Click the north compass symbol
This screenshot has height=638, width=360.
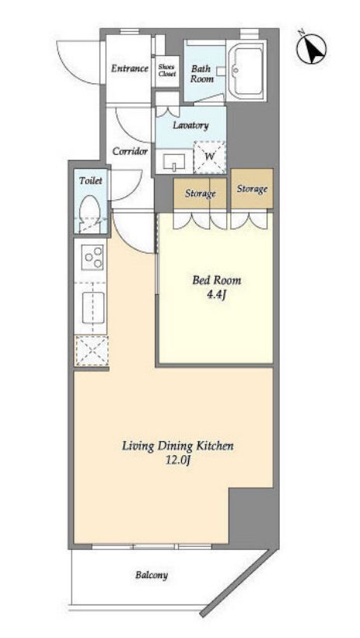[x=311, y=49]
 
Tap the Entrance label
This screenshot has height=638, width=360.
[x=130, y=68]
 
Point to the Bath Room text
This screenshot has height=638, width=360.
[x=202, y=74]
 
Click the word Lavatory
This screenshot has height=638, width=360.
[x=190, y=125]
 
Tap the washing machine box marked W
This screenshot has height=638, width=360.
[x=209, y=156]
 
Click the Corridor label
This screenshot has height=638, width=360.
[x=130, y=152]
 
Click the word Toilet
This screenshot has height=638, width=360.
[x=91, y=181]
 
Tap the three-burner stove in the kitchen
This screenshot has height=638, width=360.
[x=93, y=258]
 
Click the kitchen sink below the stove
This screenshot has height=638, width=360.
[x=93, y=307]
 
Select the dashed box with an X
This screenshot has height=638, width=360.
[x=91, y=350]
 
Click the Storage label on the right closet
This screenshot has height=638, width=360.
[x=252, y=189]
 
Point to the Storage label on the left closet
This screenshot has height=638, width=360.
[x=200, y=194]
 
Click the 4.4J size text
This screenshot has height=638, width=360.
[x=215, y=295]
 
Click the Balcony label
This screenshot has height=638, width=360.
[x=152, y=575]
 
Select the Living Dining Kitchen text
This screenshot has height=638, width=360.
[x=178, y=447]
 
